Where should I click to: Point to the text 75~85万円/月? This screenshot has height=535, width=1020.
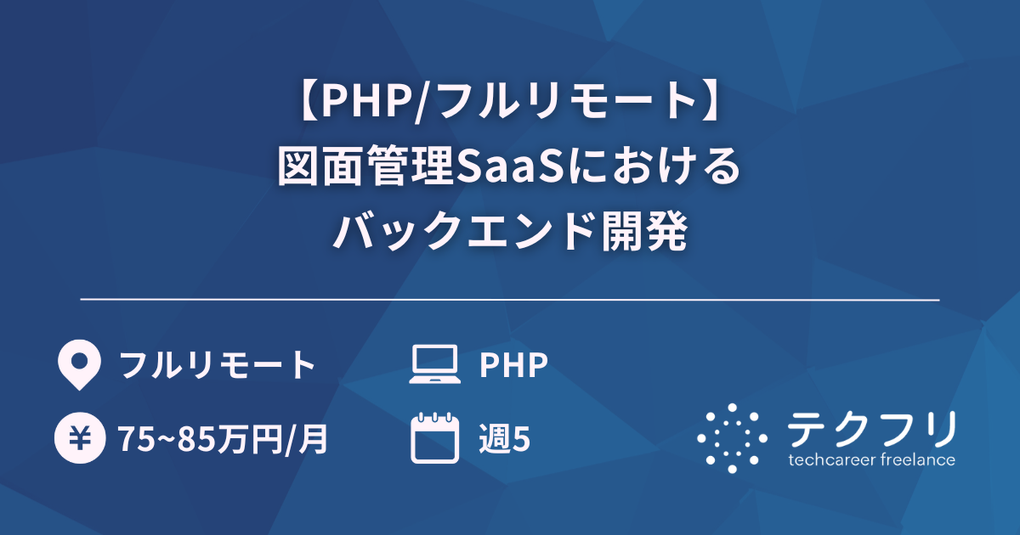tap(223, 440)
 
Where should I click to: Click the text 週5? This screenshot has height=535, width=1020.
tap(505, 440)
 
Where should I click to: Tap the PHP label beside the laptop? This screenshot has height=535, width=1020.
tap(513, 365)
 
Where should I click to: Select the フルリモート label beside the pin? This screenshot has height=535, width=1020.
tap(218, 365)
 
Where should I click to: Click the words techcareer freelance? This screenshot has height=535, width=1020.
tap(872, 460)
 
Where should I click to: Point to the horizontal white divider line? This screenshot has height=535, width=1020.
tap(510, 300)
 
